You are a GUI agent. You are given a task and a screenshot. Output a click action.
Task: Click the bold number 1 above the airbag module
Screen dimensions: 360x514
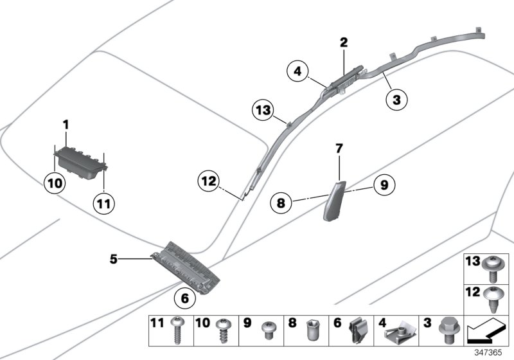point(65,122)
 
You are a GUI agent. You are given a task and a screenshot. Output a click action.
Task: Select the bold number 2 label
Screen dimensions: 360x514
point(344,43)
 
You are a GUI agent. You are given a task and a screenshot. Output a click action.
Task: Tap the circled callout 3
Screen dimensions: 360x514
point(396,100)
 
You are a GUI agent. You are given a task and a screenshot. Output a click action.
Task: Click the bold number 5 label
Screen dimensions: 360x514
point(113,260)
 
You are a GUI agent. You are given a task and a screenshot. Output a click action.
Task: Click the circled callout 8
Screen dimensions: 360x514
point(281,203)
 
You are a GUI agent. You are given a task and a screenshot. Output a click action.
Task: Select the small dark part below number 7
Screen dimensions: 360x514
point(333,199)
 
